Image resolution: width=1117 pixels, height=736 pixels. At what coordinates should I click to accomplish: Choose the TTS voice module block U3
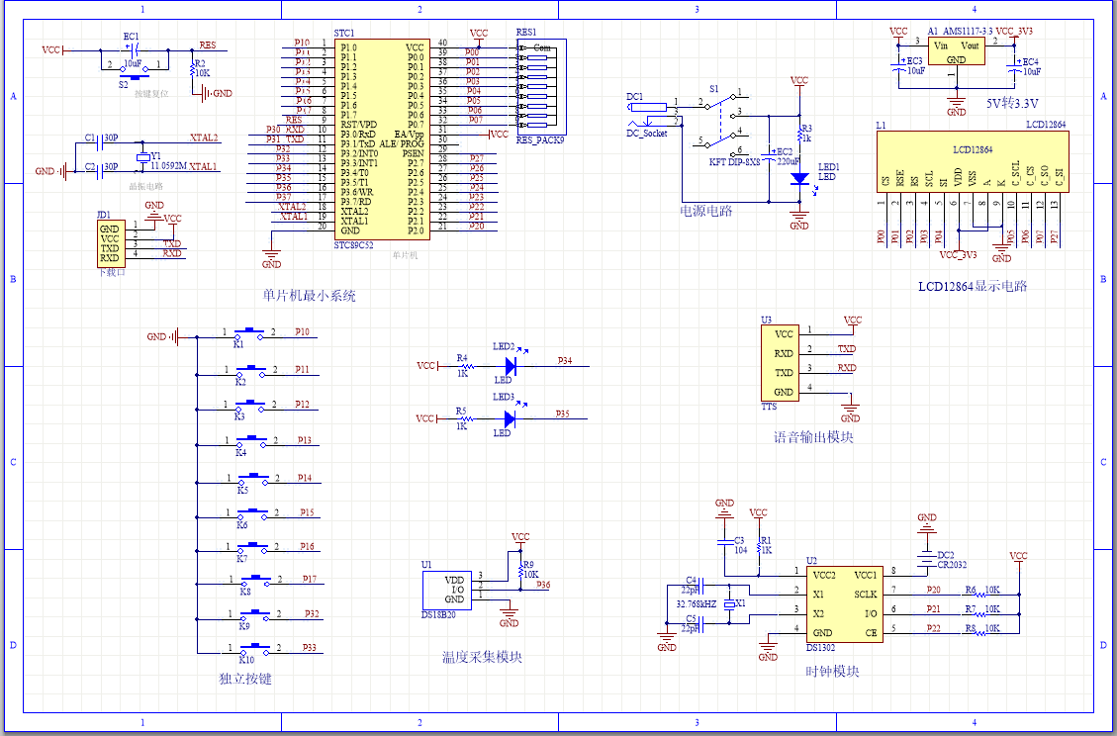[783, 363]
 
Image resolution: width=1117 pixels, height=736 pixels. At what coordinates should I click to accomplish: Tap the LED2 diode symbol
[512, 366]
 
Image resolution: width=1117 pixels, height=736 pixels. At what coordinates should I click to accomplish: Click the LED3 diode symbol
[512, 418]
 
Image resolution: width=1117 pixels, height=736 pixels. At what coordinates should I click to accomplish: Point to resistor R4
[462, 366]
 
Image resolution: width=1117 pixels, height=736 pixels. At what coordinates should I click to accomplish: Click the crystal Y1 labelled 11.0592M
[143, 157]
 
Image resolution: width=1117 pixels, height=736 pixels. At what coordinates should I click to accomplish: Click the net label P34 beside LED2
[564, 361]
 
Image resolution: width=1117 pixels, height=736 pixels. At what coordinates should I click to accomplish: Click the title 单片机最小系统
[309, 296]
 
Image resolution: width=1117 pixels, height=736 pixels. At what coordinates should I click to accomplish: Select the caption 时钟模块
[831, 671]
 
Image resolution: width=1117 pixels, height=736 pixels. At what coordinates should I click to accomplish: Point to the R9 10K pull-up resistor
[520, 570]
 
